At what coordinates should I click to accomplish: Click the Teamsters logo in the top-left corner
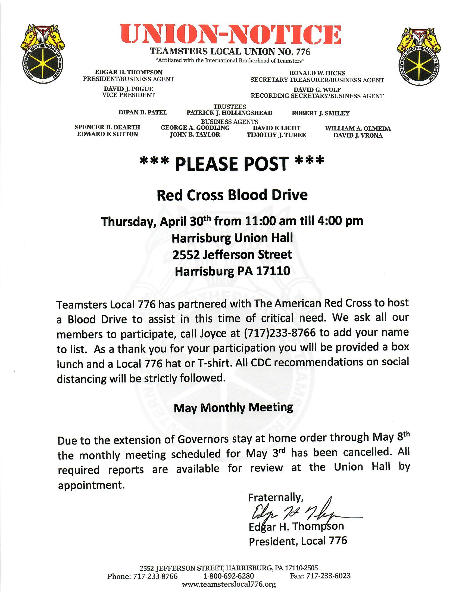pyautogui.click(x=42, y=55)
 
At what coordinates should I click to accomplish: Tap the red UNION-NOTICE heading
pyautogui.click(x=230, y=35)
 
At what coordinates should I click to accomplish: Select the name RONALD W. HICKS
pyautogui.click(x=317, y=73)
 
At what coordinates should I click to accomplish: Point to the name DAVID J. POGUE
pyautogui.click(x=128, y=89)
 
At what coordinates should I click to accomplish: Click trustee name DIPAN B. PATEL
pyautogui.click(x=143, y=112)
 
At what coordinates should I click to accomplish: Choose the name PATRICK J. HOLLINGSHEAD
pyautogui.click(x=229, y=113)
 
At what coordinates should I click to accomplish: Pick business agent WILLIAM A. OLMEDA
pyautogui.click(x=358, y=128)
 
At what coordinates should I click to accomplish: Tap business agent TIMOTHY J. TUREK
pyautogui.click(x=276, y=135)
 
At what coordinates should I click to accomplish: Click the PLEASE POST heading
pyautogui.click(x=232, y=164)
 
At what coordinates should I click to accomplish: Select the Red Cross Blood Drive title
pyautogui.click(x=232, y=195)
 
